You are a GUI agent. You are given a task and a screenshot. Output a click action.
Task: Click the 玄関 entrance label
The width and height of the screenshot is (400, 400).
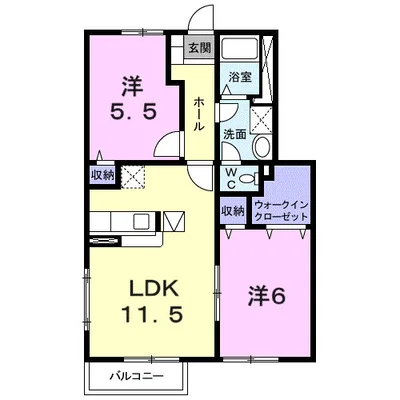coord(199,47)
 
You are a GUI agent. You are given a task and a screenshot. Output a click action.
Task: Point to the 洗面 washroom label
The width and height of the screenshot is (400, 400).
coord(234,133)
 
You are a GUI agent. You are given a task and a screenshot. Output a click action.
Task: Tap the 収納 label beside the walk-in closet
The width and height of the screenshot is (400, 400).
coord(232,210)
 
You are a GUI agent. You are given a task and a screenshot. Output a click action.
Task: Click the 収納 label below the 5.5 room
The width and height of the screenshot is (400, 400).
coord(103,176)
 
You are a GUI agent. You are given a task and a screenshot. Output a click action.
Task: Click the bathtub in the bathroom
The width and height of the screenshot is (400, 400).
coord(240,49)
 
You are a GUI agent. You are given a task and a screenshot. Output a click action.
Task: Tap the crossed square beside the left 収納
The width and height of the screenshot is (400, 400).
coord(135,176)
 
